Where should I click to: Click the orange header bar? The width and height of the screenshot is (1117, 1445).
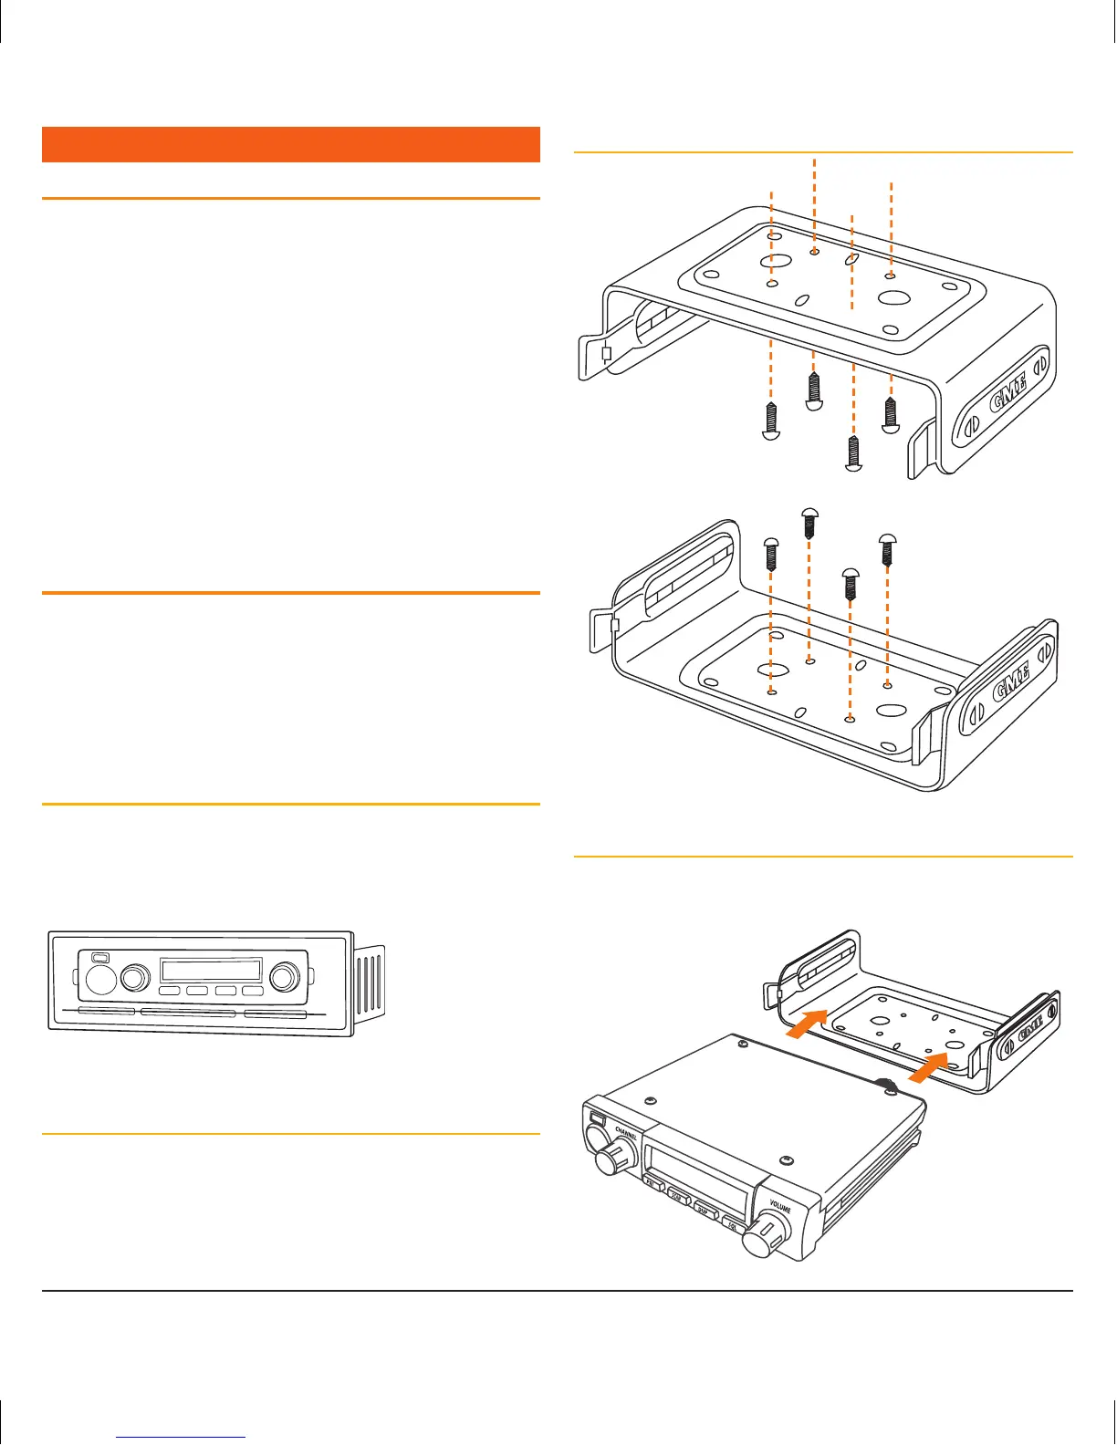(291, 144)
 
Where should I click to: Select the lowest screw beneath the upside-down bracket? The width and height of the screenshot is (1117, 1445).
(853, 454)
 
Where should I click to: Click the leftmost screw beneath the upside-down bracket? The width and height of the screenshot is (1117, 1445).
(771, 421)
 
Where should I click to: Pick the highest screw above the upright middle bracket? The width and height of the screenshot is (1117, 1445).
(809, 521)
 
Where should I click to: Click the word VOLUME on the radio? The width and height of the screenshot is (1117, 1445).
(780, 1206)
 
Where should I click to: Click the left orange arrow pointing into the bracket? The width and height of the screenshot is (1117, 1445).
(807, 1024)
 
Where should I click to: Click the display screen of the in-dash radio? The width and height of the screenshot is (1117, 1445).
(211, 970)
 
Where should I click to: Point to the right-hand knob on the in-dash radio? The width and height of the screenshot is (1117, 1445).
(284, 977)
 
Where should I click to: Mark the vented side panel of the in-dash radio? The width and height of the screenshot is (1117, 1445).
(369, 983)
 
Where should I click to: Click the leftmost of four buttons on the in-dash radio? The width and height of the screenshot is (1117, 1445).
(169, 991)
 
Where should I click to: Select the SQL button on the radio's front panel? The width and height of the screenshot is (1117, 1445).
(733, 1225)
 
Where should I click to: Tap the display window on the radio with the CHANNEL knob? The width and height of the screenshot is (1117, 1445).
(698, 1177)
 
